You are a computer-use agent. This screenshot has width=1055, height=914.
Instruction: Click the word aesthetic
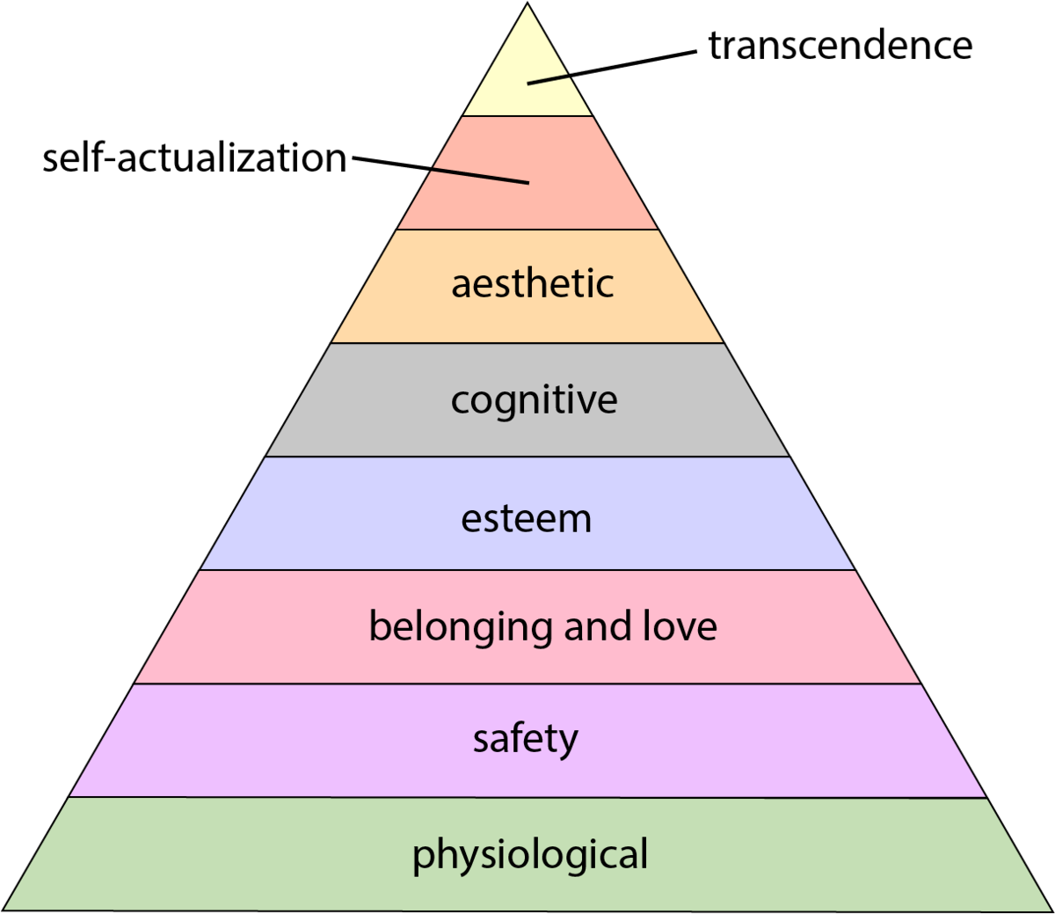532,283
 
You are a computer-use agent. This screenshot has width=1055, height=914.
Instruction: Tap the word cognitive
534,400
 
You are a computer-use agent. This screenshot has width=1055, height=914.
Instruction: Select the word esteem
526,518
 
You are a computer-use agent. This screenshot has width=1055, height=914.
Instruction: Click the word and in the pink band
598,626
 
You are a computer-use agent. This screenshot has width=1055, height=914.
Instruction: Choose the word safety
526,739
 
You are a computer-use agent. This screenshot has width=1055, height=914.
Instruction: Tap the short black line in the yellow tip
549,80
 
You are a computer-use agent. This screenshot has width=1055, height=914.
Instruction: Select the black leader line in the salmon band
481,176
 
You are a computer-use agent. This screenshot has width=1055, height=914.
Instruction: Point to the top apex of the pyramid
528,6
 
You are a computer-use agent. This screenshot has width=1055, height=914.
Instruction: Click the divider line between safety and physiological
527,798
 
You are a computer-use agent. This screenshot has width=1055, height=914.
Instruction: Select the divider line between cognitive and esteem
527,457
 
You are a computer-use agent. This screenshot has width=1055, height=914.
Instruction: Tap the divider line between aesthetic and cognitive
527,343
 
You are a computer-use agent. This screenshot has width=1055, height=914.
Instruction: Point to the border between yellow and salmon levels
527,116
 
